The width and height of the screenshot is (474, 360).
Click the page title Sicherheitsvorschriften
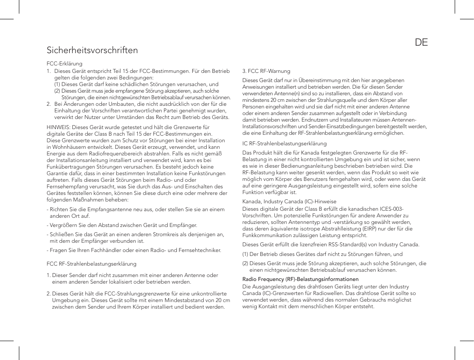(92, 50)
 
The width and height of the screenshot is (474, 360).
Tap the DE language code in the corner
(421, 43)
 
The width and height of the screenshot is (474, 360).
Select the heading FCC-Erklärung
(65, 64)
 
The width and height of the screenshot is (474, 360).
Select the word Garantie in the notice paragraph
(57, 174)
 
